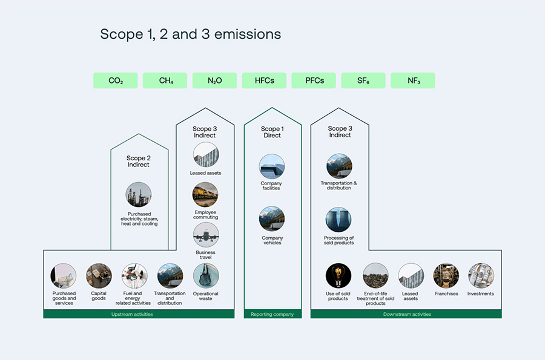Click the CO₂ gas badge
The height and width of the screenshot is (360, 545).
coord(115,80)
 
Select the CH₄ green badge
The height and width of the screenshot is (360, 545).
coord(165,80)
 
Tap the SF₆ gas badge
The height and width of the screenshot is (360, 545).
coord(363,80)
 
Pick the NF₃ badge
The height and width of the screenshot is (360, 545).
coord(412,80)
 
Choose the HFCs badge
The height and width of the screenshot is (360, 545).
coord(264,80)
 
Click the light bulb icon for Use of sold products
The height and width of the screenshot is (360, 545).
coord(338,276)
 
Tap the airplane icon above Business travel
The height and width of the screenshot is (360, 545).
coord(206,235)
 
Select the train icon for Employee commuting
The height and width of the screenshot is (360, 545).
coord(205,195)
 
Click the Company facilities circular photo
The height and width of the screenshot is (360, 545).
coord(271,166)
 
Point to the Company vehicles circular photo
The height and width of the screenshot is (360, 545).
coord(271,219)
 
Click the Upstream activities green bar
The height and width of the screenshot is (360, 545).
coord(139,314)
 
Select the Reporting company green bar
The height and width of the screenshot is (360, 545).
coord(272,314)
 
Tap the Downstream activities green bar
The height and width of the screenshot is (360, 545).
coord(406,314)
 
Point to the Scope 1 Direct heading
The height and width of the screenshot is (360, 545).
coord(272,132)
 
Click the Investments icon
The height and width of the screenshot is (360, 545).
coord(481,276)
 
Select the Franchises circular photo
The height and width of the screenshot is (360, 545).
coord(446,276)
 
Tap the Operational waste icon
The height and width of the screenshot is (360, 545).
coord(206,276)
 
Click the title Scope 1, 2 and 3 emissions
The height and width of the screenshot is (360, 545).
coord(190,34)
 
